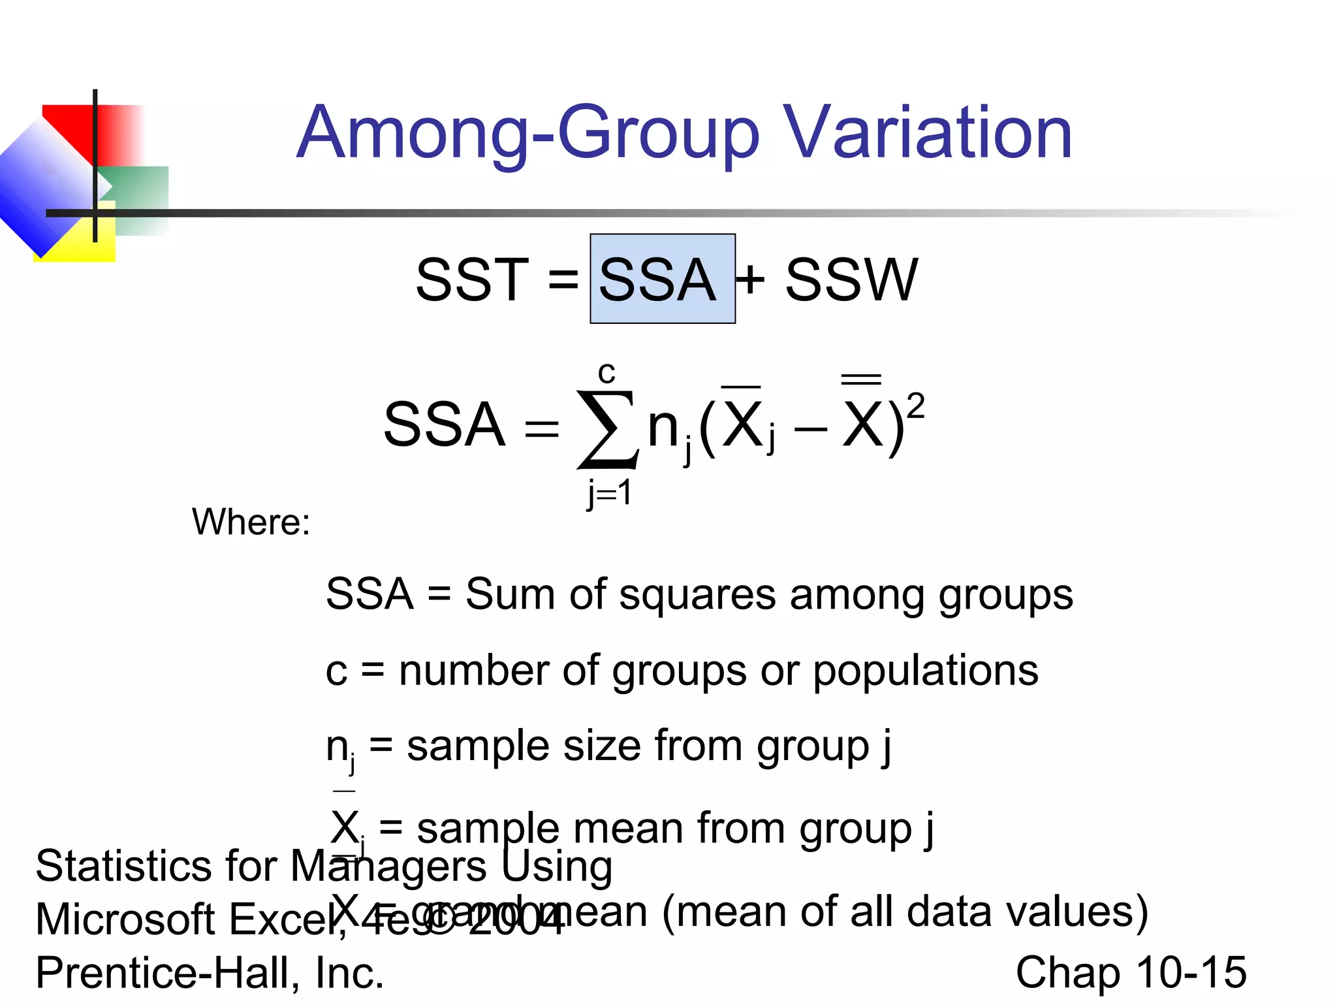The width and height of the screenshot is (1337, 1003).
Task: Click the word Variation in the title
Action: coord(927,133)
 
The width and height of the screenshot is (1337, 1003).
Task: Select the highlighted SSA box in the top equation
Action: coord(662,279)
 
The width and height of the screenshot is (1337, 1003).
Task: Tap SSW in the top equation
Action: coord(851,280)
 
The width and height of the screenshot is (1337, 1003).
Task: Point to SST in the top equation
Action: coord(471,280)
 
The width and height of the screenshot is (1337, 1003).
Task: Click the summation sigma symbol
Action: coord(606,428)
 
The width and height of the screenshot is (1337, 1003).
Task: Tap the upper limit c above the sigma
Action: coord(606,373)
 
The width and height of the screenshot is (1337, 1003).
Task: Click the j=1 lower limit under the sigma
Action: coord(609,493)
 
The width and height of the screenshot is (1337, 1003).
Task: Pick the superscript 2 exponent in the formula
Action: coord(915,406)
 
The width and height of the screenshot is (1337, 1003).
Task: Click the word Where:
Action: coord(251,522)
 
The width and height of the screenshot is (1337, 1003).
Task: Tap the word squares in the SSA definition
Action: coord(697,596)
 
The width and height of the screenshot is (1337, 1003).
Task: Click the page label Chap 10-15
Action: coord(1131,972)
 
